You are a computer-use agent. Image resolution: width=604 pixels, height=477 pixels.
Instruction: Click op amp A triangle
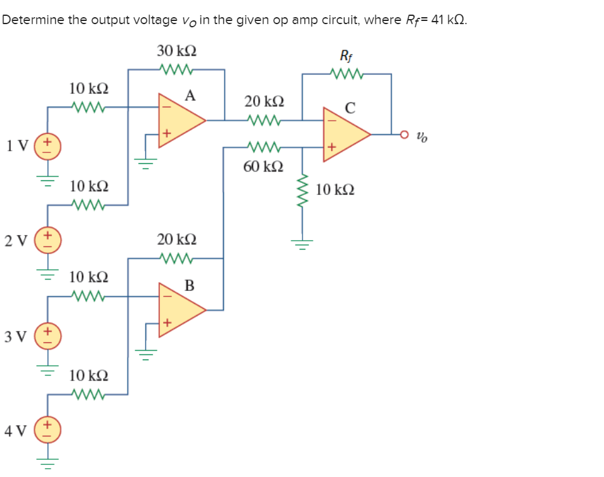pyautogui.click(x=181, y=119)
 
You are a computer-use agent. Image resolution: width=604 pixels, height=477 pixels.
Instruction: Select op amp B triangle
pyautogui.click(x=181, y=309)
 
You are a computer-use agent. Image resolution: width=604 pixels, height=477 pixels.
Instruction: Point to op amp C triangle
pyautogui.click(x=346, y=134)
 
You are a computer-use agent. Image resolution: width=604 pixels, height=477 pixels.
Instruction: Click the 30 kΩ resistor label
pyautogui.click(x=176, y=50)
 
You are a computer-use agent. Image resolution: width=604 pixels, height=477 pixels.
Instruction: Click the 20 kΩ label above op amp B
pyautogui.click(x=176, y=239)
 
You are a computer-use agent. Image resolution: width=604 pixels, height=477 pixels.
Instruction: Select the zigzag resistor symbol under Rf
pyautogui.click(x=346, y=74)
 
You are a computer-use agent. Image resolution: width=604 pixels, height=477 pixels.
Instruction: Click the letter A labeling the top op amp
pyautogui.click(x=190, y=96)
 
